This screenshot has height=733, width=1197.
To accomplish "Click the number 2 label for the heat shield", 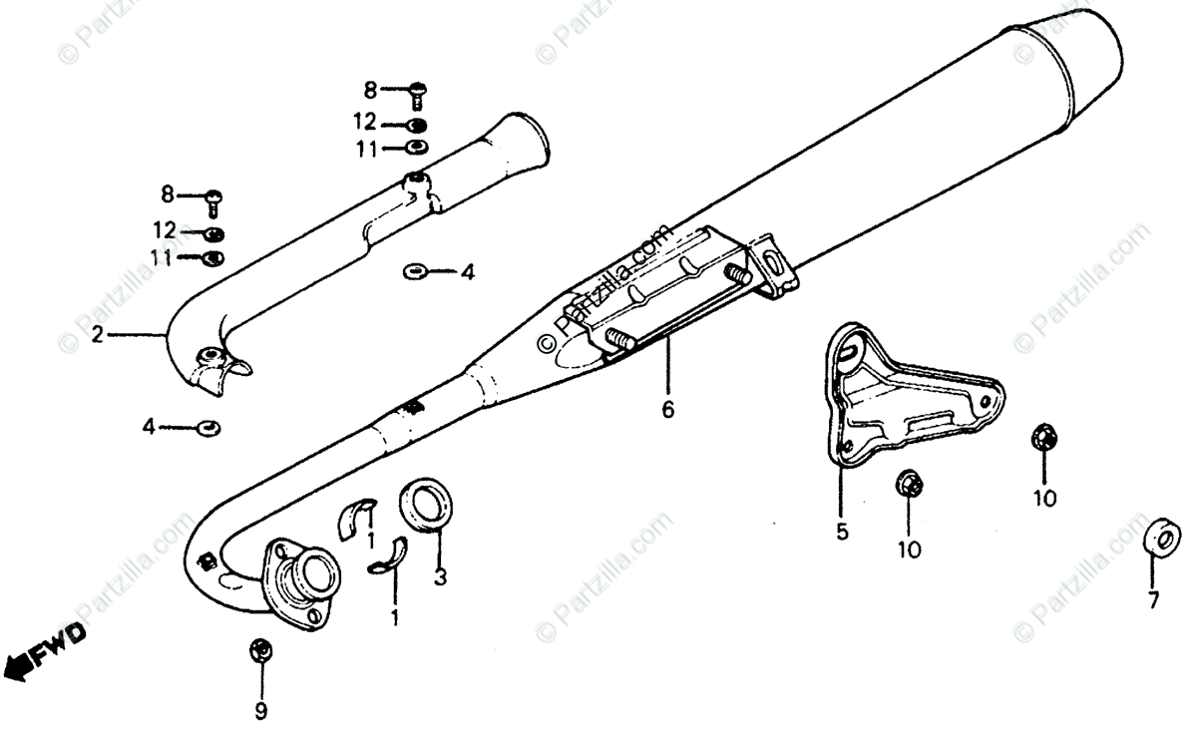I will (x=97, y=336).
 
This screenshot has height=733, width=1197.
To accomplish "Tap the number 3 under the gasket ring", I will (x=440, y=575).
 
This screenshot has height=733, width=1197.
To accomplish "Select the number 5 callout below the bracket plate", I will (x=842, y=532).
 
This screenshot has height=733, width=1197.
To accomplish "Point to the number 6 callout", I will (x=667, y=408).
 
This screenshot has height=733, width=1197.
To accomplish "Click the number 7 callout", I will (x=1152, y=599).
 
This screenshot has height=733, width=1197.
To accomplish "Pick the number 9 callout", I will (x=261, y=712).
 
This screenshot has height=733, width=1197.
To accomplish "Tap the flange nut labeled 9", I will (x=260, y=651).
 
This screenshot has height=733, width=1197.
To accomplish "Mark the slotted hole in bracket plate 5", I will (x=849, y=348).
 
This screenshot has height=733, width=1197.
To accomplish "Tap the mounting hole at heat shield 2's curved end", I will (x=210, y=357).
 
